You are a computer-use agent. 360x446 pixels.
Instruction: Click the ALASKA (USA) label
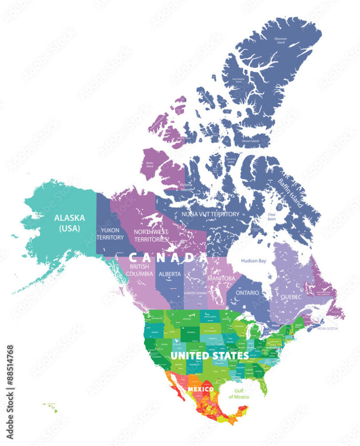pos(70,223)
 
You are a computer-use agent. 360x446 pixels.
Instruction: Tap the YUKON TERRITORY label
pos(110,234)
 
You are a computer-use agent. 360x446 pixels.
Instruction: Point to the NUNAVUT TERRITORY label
pos(211,214)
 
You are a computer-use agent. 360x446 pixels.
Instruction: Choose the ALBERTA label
pos(170,274)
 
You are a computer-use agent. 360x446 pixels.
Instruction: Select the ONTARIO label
pos(247,293)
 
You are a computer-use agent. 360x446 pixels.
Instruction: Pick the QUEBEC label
pos(292,297)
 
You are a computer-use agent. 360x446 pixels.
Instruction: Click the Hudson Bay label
pos(254,260)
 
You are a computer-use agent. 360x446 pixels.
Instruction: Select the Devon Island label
pos(250,141)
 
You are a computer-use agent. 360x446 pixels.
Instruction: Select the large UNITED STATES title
pos(210,355)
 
